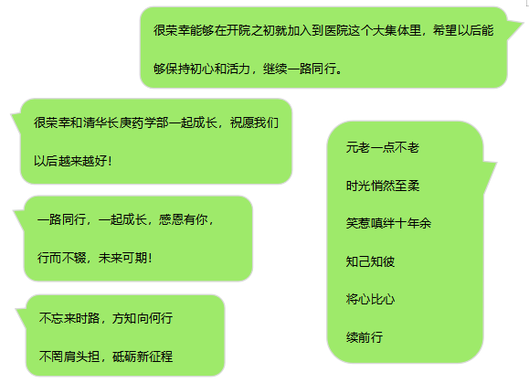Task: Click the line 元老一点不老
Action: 382,147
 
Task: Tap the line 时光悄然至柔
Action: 383,186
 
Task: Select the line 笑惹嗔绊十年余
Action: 388,223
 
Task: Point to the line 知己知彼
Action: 370,261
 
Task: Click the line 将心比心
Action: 370,299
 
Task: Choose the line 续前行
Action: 365,337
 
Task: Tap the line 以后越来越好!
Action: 72,161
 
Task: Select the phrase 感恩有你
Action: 183,219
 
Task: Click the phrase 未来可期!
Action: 125,258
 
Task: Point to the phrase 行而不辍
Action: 61,258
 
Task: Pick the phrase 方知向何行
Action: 143,318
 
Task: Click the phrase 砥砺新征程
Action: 143,356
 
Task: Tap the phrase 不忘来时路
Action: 69,318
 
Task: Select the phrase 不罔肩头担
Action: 69,356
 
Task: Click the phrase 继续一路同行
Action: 300,69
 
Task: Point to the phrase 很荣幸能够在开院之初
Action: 215,30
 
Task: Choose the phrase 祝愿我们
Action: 254,122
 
